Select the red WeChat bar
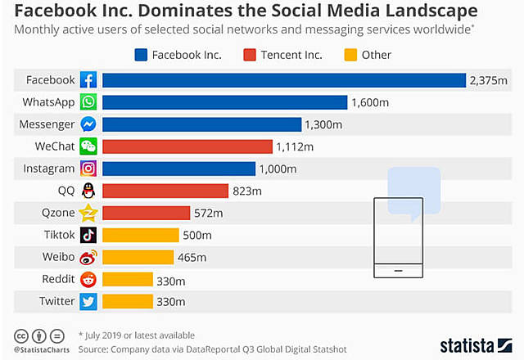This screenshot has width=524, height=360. (187, 146)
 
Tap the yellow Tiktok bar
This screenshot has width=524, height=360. (141, 235)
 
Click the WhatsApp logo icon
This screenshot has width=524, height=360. (88, 102)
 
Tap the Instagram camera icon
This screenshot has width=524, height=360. (88, 169)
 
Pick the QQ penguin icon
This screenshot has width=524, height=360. (88, 191)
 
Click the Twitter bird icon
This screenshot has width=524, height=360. (88, 301)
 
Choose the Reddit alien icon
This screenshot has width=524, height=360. (88, 279)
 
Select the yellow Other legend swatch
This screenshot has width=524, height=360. (347, 55)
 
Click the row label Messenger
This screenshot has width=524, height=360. (47, 124)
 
